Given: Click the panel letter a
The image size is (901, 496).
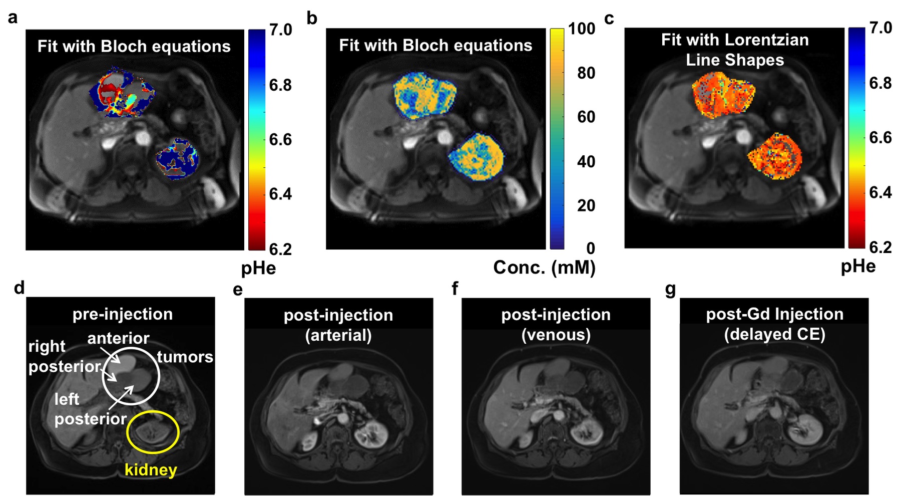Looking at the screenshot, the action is click(13, 18).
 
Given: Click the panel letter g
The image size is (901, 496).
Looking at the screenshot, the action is click(670, 290).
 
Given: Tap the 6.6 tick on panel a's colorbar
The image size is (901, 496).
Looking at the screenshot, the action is click(280, 139).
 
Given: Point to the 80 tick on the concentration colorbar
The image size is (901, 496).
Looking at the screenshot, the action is click(586, 73).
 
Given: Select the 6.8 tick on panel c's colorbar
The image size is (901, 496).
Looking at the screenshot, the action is click(880, 83).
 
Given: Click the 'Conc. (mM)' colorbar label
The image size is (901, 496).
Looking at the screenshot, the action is click(544, 268).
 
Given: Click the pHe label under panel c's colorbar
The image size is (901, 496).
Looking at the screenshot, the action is click(858, 266).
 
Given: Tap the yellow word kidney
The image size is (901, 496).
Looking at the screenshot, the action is click(151, 470).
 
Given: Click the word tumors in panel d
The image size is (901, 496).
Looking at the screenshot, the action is click(185, 357).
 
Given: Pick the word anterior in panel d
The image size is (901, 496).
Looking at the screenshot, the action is click(118, 339).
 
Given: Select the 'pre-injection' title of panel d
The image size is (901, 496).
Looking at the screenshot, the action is click(123, 314).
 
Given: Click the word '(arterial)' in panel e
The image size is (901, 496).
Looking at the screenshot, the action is click(338, 335).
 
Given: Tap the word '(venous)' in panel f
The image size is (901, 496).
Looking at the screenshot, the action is click(556, 334).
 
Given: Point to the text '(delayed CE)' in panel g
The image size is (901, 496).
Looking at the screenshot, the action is click(774, 334).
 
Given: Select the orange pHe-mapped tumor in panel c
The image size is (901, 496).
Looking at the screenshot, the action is click(723, 94).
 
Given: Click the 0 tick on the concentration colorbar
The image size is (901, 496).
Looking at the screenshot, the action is click(591, 248).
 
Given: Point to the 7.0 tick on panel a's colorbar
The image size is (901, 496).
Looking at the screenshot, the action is click(280, 30).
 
